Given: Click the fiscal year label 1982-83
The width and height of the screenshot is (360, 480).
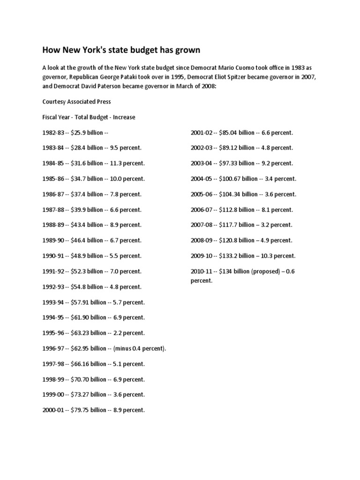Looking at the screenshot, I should point(53,133).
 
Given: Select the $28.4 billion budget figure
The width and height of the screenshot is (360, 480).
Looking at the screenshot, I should point(87,148).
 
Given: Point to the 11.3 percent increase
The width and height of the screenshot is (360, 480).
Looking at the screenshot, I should point(127,163).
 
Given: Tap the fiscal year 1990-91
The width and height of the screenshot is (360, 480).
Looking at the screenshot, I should point(53,256).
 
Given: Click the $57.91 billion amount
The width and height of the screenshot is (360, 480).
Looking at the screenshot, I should point(89,302).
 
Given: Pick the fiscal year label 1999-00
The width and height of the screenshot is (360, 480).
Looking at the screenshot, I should point(53,395).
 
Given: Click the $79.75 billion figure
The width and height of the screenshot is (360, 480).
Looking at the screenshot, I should point(89,410).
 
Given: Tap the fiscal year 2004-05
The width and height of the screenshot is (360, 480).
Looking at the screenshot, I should point(202,179).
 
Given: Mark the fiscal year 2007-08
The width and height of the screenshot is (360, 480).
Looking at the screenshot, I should point(202,225).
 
